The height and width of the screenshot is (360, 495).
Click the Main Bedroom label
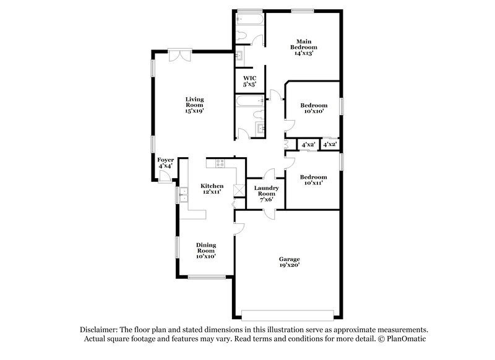point(304,48)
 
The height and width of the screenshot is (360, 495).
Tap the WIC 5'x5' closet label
point(249,80)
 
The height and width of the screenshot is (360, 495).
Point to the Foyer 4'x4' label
point(165,163)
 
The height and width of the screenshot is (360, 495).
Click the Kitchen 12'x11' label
point(212,189)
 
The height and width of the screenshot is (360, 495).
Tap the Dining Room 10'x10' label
point(206,250)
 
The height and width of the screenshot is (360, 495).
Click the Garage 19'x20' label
point(289,262)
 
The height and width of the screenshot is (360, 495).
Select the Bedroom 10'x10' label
point(314,108)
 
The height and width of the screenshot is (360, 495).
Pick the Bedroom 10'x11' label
point(313,179)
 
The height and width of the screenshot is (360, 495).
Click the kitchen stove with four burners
point(219,163)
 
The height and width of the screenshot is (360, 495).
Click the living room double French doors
point(180,55)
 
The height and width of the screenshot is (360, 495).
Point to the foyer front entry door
point(165,178)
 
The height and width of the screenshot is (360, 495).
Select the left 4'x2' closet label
point(308,145)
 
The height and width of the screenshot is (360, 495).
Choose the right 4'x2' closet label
point(330,145)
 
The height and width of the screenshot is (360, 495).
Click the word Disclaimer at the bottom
point(100,330)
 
